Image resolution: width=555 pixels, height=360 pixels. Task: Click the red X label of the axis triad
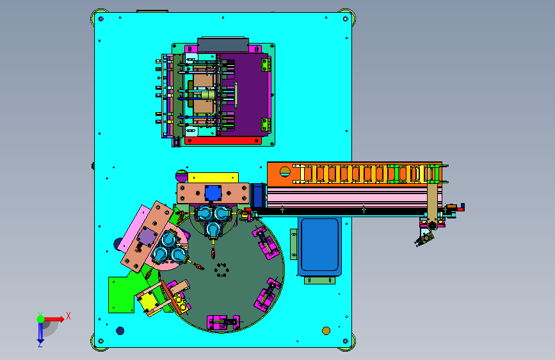tap(68, 316)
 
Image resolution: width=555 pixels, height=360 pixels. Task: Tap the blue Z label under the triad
tap(40, 344)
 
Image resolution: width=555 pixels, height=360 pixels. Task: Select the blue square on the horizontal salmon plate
tap(213, 193)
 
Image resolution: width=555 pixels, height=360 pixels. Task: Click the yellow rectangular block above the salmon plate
tap(213, 177)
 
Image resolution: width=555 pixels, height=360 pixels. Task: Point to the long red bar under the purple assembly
tap(223, 141)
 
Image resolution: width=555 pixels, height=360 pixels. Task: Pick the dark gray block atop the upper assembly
tap(223, 45)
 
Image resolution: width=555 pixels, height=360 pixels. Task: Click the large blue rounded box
tap(319, 246)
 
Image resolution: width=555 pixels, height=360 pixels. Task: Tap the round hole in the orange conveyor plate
tap(285, 172)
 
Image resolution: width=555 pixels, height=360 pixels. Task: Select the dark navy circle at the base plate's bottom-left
tap(120, 331)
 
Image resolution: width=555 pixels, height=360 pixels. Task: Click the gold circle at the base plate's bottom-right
tap(326, 331)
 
